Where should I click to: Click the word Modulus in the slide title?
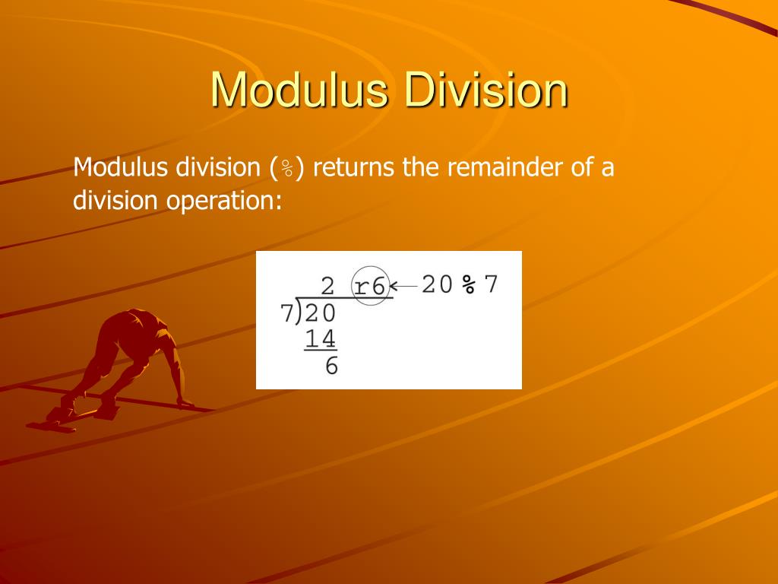tap(299, 90)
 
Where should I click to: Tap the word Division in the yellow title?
tap(485, 90)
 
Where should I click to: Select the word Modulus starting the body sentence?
tap(120, 167)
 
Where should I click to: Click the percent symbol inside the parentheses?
tap(288, 168)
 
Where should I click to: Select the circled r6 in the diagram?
tap(372, 286)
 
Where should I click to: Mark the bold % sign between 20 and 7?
tap(470, 284)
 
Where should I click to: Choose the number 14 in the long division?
tap(321, 338)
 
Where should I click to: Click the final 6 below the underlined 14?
tap(331, 366)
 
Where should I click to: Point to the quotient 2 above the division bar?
tap(327, 286)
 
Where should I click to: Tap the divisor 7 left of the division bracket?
tap(287, 313)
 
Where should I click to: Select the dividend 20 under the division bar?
tap(320, 313)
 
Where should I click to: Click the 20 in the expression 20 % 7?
tap(438, 284)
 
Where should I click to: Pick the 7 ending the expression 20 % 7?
tap(491, 284)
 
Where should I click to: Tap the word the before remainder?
tap(420, 167)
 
